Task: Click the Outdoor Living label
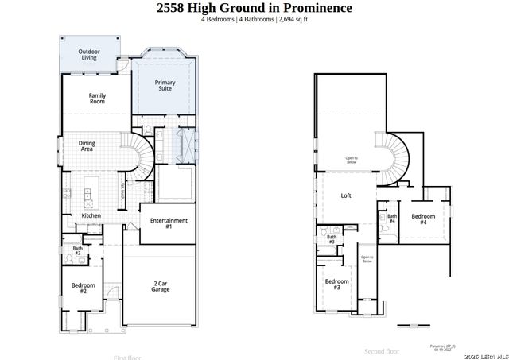[87, 54]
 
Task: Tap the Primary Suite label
[165, 86]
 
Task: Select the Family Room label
[97, 99]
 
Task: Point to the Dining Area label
[87, 145]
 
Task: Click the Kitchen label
[91, 215]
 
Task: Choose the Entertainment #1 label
[169, 223]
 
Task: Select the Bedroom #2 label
[83, 288]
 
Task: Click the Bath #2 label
[78, 250]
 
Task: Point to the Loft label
[346, 195]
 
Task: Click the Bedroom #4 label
[423, 219]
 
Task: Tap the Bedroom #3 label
[336, 284]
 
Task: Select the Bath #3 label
[332, 238]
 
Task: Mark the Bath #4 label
[392, 219]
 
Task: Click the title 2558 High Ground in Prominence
[254, 8]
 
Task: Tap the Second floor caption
[382, 350]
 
